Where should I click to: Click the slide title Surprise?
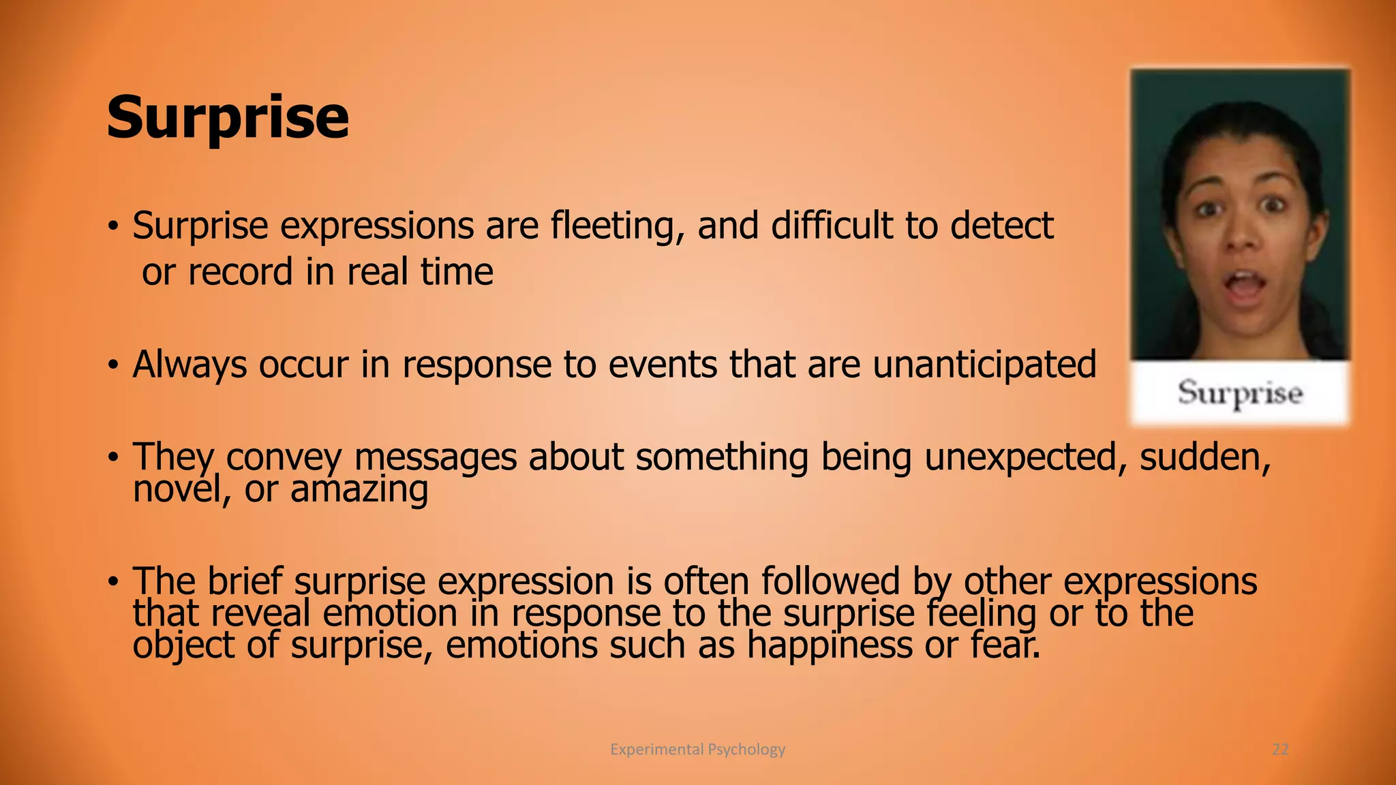[228, 117]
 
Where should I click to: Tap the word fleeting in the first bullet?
[616, 226]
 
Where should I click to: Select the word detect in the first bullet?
[1001, 226]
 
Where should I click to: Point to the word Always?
[189, 365]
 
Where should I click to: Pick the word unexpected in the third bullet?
[1020, 457]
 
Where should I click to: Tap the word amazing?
[359, 489]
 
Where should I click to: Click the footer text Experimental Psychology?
[697, 750]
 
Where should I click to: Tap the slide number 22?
[1280, 750]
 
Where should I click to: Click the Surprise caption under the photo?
[1240, 393]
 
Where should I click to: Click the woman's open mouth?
[1245, 286]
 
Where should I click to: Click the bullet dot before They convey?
[113, 457]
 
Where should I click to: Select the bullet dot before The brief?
[113, 582]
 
